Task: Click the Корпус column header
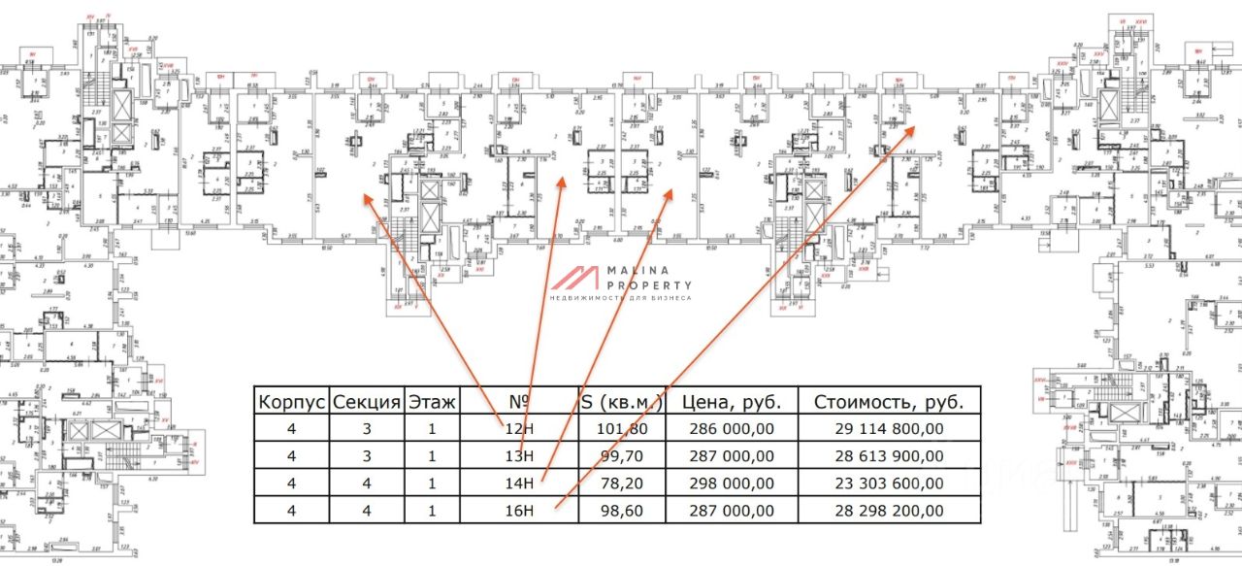[x=291, y=402]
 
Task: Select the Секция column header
[x=367, y=402]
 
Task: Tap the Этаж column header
[x=431, y=402]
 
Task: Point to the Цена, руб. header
[x=726, y=402]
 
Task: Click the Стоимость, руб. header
[x=889, y=402]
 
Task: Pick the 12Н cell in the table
[x=519, y=428]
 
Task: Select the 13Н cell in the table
[x=519, y=455]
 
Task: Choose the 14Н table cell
[x=519, y=483]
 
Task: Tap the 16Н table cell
[x=519, y=510]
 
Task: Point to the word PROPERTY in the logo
[x=649, y=285]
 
